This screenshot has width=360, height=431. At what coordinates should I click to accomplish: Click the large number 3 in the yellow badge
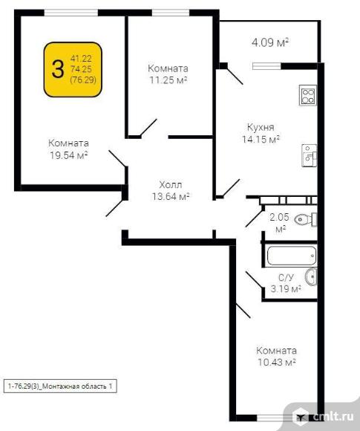tap(58, 69)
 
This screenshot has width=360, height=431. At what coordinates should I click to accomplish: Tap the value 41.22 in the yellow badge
tap(81, 59)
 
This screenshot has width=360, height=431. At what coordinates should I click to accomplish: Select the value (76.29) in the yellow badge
tap(83, 80)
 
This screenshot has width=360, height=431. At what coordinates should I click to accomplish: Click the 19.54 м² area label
tap(68, 155)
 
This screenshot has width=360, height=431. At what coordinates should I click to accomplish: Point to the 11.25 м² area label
tap(168, 80)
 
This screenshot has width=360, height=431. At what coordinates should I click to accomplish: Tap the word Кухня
tap(261, 127)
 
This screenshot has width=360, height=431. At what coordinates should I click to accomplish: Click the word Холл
tap(171, 184)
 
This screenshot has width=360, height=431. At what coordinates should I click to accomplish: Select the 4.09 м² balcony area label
tap(270, 43)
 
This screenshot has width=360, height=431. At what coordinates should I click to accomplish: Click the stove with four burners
tap(308, 95)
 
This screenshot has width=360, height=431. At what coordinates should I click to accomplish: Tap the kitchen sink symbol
tap(310, 155)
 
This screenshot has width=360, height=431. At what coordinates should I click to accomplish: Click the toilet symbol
tap(306, 219)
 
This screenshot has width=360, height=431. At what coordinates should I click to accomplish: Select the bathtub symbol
tap(292, 256)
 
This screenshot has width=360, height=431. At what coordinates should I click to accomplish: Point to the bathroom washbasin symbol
tap(311, 276)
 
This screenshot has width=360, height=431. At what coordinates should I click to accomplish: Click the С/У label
tap(286, 278)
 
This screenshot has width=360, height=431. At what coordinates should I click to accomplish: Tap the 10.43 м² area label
tap(277, 363)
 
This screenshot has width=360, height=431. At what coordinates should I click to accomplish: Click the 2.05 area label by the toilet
tap(280, 217)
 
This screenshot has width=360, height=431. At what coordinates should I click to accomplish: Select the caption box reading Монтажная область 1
tap(60, 386)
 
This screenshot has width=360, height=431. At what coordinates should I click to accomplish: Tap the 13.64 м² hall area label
tap(171, 196)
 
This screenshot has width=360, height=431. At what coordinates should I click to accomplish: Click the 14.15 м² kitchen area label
tap(261, 139)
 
